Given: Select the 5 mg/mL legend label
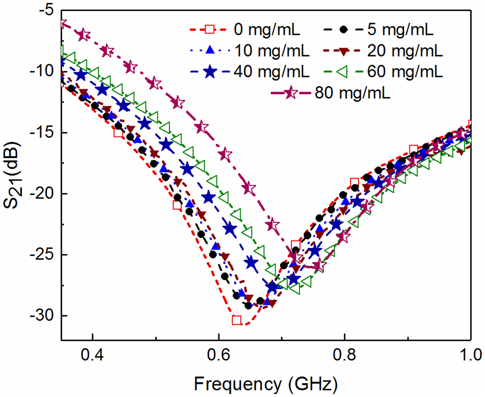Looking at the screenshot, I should [400, 29].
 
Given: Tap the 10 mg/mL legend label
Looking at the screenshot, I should [272, 51].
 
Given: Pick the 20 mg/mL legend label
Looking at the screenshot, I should [405, 51].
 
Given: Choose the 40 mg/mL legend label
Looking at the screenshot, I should [272, 72].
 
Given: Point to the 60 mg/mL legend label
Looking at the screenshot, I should [405, 72].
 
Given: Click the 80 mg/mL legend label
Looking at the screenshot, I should [353, 93].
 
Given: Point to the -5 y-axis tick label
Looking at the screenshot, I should [46, 11].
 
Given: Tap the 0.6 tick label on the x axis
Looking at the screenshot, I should [219, 355].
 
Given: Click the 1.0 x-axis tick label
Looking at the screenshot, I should [471, 355].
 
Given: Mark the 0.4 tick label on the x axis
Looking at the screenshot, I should [92, 355].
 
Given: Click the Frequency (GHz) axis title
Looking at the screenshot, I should [266, 384].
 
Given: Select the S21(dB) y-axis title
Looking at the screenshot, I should [13, 175].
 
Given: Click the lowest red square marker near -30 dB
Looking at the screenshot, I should [237, 320].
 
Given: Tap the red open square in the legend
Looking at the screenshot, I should [210, 29].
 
